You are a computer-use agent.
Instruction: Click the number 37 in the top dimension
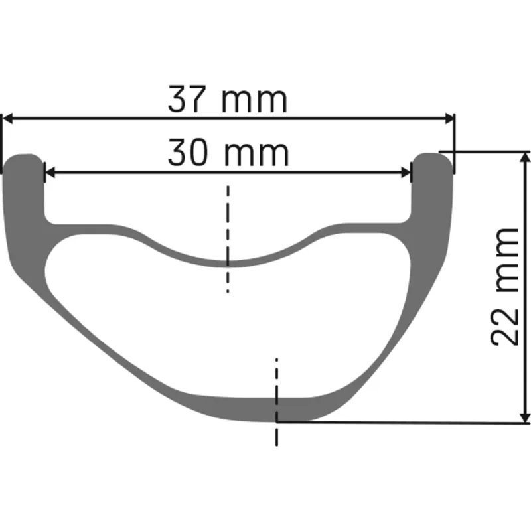click(x=189, y=100)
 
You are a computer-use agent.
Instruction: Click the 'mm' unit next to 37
click(x=255, y=102)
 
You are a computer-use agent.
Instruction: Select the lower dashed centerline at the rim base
click(x=277, y=398)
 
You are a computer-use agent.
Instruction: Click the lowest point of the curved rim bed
click(x=228, y=262)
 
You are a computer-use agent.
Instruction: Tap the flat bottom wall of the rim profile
click(x=252, y=408)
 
